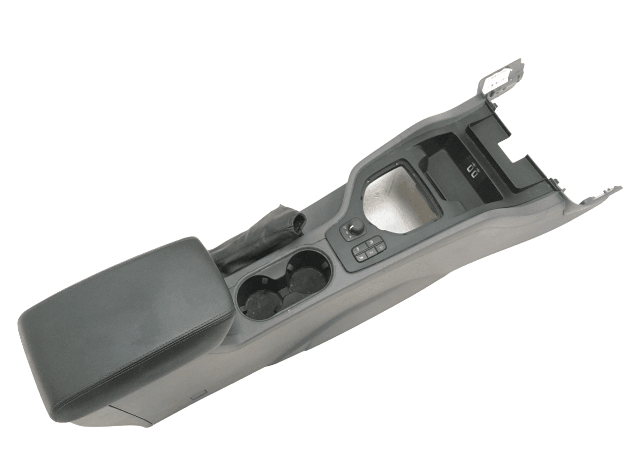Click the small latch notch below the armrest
(x=197, y=395)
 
